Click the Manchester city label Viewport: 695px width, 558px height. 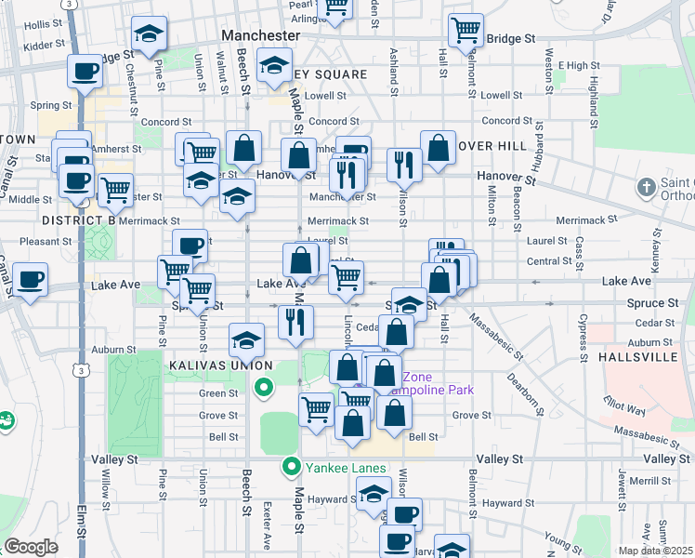click(x=261, y=34)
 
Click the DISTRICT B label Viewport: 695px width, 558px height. click(x=78, y=219)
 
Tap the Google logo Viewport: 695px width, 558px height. click(x=31, y=546)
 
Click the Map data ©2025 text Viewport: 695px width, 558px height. click(x=654, y=551)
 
